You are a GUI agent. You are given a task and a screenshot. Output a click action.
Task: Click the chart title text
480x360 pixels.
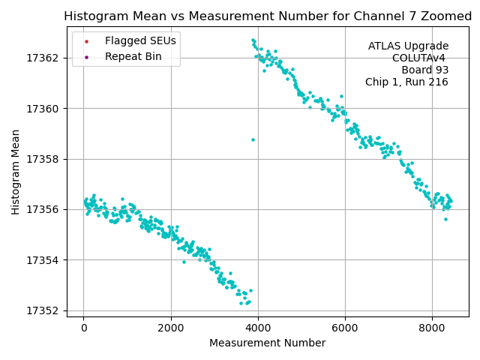point(266,16)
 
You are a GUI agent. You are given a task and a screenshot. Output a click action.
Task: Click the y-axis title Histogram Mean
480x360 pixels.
point(16,172)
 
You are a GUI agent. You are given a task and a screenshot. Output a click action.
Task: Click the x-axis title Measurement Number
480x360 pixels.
point(267,343)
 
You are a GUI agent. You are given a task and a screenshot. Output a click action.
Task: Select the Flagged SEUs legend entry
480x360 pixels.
point(140,41)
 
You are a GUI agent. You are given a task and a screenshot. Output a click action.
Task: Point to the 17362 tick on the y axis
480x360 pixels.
point(46,58)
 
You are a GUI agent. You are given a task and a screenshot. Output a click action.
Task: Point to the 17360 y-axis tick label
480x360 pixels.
point(46,109)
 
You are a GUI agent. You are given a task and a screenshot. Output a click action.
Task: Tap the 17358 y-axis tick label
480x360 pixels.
point(46,159)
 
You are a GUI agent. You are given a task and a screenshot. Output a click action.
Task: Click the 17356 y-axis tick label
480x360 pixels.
point(46,210)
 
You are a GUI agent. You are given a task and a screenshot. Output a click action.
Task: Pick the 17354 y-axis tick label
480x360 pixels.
point(46,260)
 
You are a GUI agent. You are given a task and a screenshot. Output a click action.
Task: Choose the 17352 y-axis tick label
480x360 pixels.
point(46,311)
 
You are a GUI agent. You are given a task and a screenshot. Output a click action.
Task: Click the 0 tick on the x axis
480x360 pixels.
point(84,328)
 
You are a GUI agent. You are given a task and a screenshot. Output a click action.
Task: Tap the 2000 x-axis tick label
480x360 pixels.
point(171,328)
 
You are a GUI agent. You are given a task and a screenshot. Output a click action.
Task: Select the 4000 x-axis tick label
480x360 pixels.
point(258,328)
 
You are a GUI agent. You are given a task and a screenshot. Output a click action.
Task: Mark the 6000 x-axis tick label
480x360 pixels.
point(345,328)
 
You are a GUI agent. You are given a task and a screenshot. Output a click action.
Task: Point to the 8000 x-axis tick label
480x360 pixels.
point(432,328)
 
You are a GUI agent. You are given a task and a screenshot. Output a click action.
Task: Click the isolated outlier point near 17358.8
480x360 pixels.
point(253,139)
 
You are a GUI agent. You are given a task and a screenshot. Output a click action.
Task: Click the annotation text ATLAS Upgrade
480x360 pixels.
point(408,46)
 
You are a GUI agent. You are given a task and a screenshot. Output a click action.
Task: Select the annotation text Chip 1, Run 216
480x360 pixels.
point(406,82)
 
